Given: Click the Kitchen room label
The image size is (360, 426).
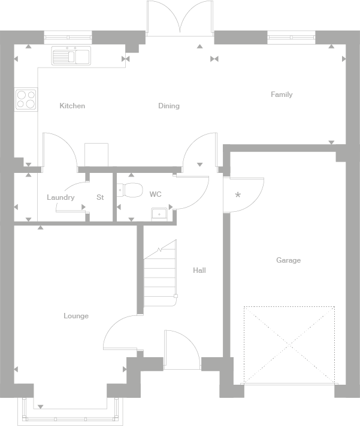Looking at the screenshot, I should click(x=72, y=106).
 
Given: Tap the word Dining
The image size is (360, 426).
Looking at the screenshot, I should click(x=169, y=106).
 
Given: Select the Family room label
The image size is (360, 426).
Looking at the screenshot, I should click(x=282, y=95).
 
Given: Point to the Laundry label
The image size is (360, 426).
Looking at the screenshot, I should click(x=60, y=197).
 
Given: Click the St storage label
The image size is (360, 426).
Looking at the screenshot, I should click(x=100, y=197).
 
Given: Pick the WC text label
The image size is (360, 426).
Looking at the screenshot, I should click(x=155, y=194).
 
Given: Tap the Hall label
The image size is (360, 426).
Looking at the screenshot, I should click(x=199, y=270).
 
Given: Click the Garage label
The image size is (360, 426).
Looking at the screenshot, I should click(x=288, y=260).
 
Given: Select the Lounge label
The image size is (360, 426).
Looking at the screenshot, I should click(x=76, y=316).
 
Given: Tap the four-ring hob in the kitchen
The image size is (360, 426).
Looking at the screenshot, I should click(x=25, y=99).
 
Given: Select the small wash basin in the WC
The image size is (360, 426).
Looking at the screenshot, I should click(x=159, y=214).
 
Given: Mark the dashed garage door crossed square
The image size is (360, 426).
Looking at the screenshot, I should click(x=289, y=345).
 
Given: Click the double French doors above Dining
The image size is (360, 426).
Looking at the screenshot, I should click(x=180, y=18).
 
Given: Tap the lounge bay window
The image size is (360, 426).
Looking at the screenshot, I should click(x=71, y=413).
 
